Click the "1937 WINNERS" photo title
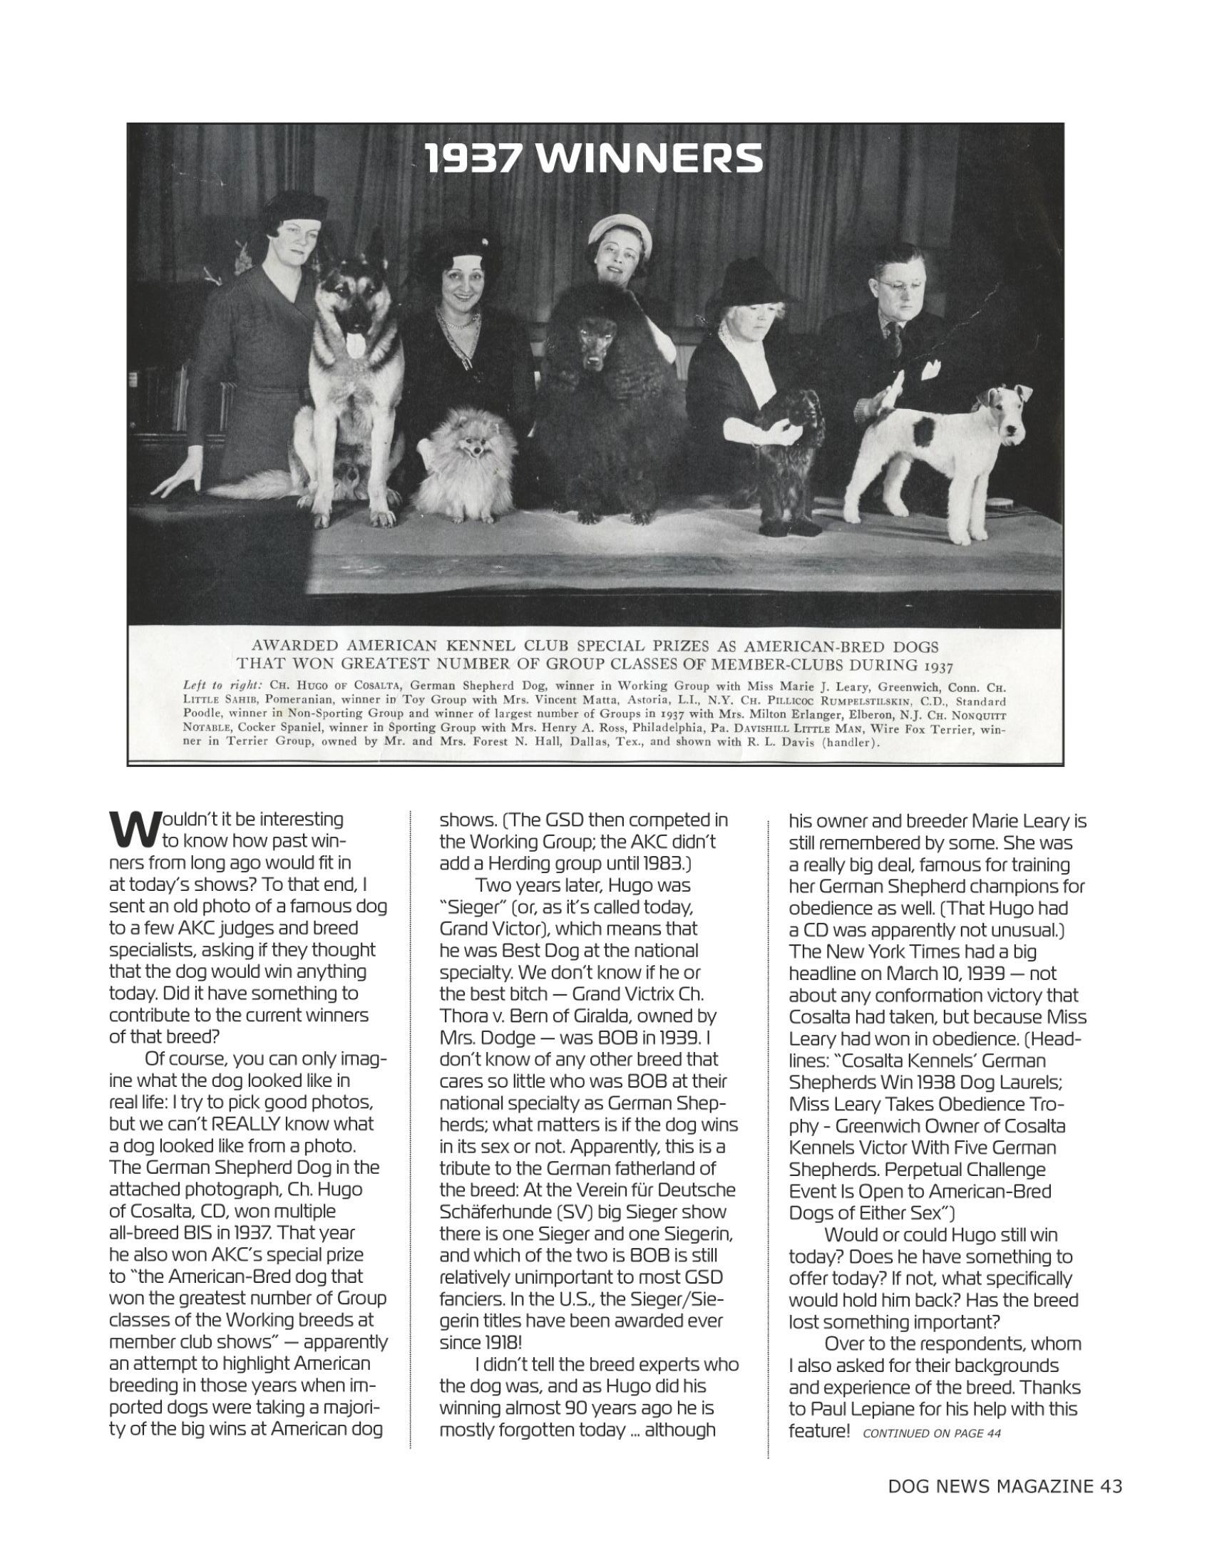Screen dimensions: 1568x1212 tap(593, 159)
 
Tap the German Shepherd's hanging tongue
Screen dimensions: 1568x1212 tap(351, 346)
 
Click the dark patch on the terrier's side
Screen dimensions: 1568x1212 tap(926, 432)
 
